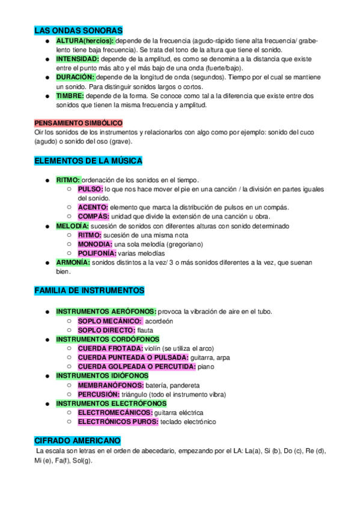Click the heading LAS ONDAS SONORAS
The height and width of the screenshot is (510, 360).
[x=79, y=30]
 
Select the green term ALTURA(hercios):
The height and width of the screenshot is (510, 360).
[x=85, y=40]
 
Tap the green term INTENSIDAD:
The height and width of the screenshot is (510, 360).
[x=78, y=60]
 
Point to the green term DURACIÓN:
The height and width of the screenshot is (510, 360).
[x=75, y=78]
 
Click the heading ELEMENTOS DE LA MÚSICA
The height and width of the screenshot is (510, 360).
[x=88, y=161]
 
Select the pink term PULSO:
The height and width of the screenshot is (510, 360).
[x=90, y=189]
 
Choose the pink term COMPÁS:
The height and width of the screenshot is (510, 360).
[x=93, y=217]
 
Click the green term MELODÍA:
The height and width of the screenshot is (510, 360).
[x=76, y=226]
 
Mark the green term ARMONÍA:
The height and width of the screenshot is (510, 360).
[x=73, y=262]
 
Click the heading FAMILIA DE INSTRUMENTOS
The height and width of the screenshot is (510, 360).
[x=90, y=290]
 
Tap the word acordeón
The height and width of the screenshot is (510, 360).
[x=159, y=321]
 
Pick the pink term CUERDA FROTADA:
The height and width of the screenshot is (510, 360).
[x=110, y=348]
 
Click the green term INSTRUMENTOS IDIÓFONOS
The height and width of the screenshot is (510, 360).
[x=102, y=376]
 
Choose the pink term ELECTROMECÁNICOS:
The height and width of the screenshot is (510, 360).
[x=115, y=413]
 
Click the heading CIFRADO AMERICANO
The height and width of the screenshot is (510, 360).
[x=78, y=440]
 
